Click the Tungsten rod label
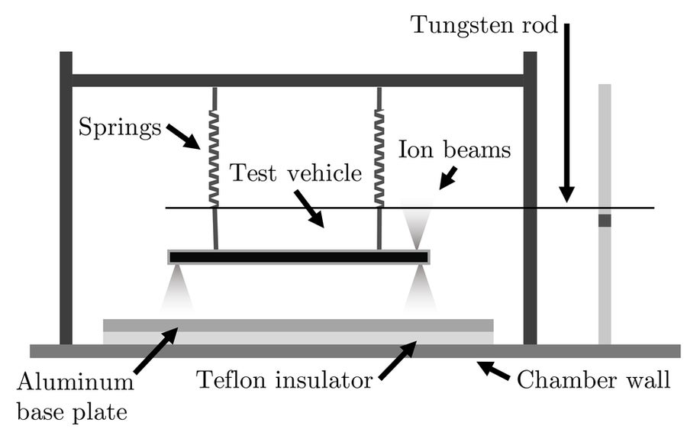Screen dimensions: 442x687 pos(485,24)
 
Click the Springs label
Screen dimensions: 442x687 pos(120,127)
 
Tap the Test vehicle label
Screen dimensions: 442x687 pos(295,174)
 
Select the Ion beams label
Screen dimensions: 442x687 pos(453,150)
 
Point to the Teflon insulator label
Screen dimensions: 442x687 pos(284,379)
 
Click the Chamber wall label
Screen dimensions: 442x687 pos(593,379)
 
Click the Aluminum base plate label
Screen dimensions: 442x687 pos(74,392)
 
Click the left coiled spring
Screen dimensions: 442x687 pos(214,157)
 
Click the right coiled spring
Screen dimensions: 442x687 pos(379,157)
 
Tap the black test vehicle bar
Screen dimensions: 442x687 pos(298,256)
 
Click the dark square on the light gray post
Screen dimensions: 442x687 pos(605,221)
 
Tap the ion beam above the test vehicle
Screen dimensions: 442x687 pos(416,226)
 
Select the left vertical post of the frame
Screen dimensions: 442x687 pos(66,198)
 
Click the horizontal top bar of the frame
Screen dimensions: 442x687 pos(298,80)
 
